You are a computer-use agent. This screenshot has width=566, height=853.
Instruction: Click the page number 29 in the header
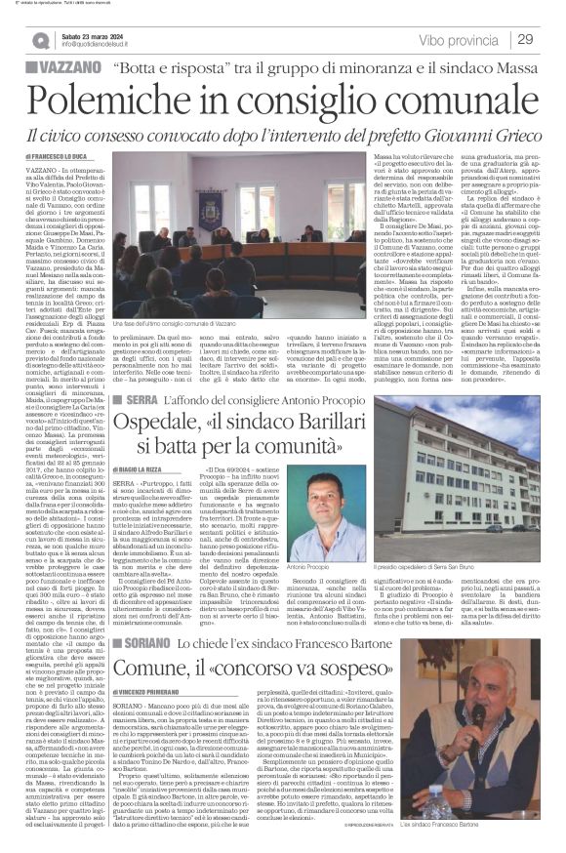525,39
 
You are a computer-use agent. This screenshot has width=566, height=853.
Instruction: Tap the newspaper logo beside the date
41,40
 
